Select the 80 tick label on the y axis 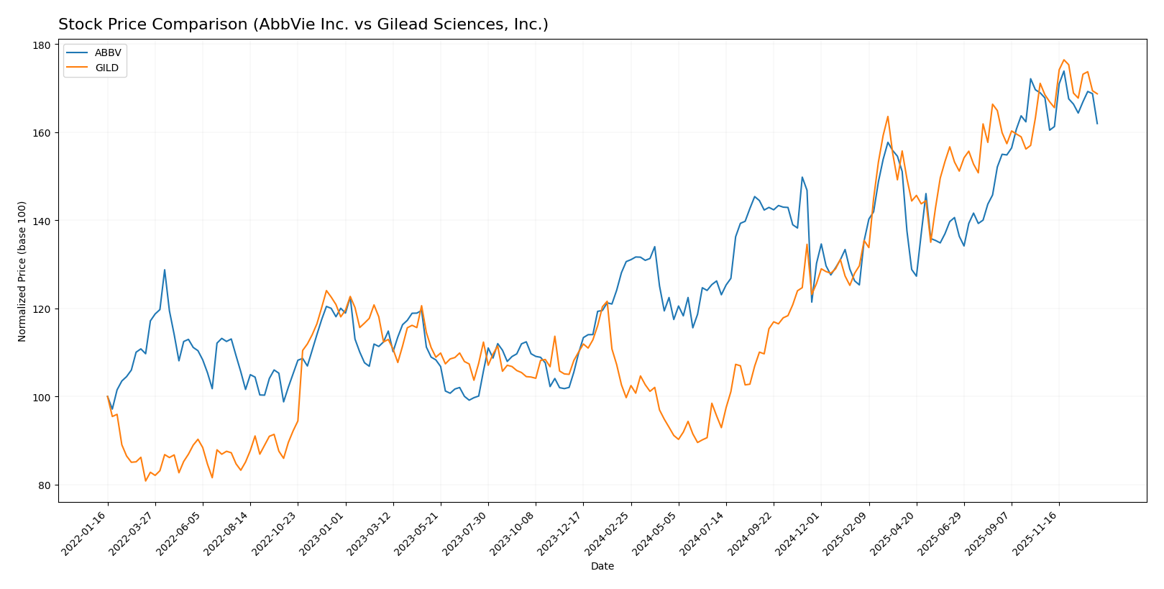click(44, 485)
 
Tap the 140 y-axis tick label click(42, 222)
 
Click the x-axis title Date click(602, 567)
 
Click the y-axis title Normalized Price click(22, 271)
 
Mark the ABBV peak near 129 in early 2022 click(165, 270)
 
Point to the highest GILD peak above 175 click(1063, 60)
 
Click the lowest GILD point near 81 click(145, 480)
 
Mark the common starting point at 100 click(108, 397)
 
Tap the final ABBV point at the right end click(1097, 124)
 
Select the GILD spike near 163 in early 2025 click(888, 117)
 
